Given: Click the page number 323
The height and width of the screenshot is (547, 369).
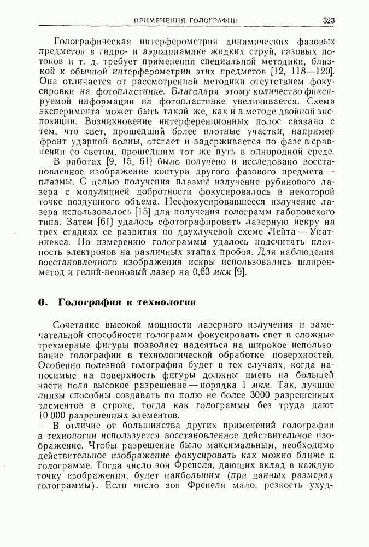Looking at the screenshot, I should point(329,21).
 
